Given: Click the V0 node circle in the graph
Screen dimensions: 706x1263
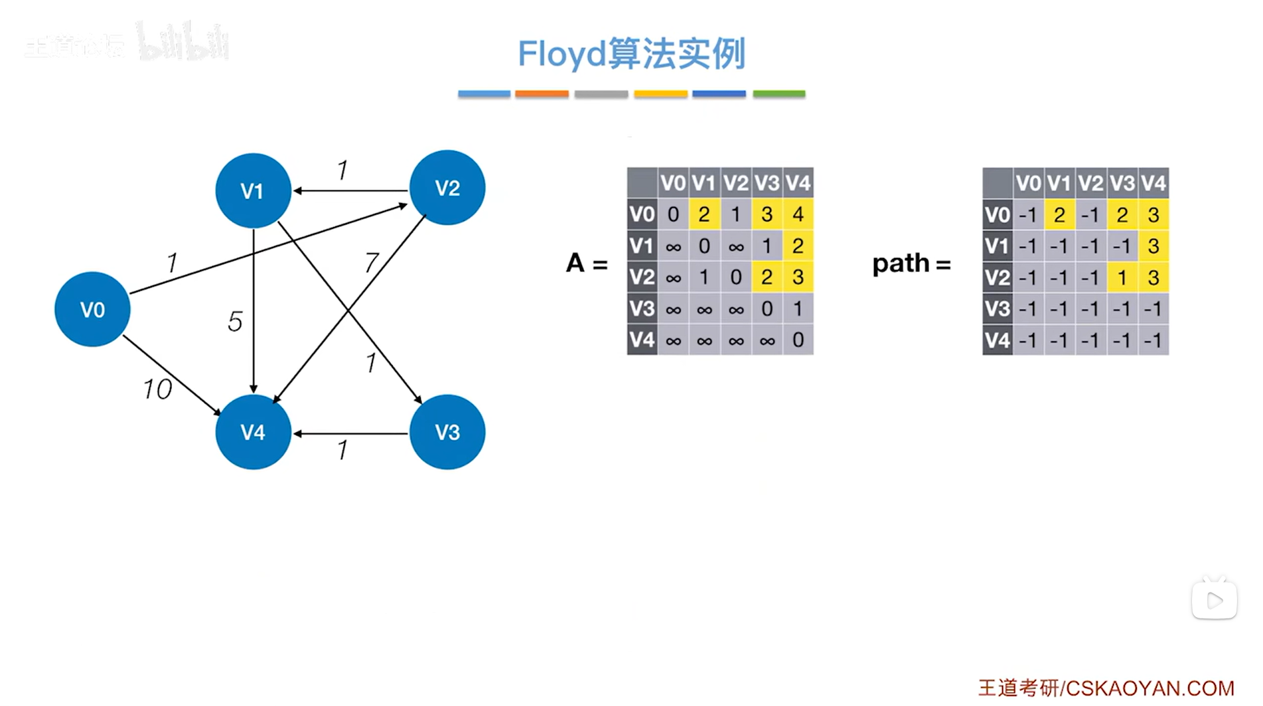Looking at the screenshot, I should tap(92, 309).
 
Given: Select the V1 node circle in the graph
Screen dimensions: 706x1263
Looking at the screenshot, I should tap(253, 190).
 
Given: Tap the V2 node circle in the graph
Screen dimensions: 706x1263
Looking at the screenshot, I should tap(447, 188).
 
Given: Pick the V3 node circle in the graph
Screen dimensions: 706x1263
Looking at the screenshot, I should tap(447, 432).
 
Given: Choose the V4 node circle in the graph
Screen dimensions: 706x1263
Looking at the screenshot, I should tap(253, 432).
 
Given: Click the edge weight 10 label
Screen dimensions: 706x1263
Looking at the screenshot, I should tap(157, 389).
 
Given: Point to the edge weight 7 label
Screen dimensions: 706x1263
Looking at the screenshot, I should tap(371, 263).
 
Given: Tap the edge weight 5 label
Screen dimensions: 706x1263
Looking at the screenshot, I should tap(235, 322).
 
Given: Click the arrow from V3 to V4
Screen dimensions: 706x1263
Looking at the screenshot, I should tap(350, 433).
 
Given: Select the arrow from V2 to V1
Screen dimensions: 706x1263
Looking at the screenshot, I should tap(350, 190).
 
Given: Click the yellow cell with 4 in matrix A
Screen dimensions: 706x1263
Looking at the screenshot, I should tap(798, 214).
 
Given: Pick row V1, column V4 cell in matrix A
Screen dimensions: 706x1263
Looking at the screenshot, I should tap(798, 246).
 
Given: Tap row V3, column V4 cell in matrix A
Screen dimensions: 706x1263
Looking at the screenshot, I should tap(798, 309).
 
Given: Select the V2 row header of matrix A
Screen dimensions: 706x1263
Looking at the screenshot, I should tap(642, 277).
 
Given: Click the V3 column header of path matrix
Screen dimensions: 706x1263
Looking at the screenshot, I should tap(1122, 182).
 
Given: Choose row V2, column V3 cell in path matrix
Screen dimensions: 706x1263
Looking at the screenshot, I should tap(1122, 277).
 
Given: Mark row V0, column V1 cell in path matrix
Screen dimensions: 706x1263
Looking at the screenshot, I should tap(1059, 215).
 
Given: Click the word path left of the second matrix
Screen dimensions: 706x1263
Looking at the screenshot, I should tap(901, 263).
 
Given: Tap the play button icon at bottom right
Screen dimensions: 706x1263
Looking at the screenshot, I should tap(1214, 600).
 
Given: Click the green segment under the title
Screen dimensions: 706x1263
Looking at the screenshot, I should tap(779, 94).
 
